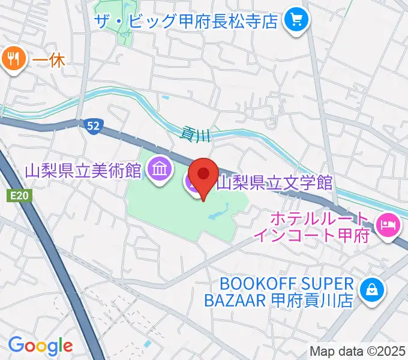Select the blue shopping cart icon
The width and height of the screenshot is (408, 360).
(295, 21)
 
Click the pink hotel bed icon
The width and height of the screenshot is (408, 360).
(388, 224)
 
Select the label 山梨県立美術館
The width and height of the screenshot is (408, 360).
(83, 171)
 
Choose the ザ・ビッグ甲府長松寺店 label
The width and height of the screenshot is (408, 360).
(187, 22)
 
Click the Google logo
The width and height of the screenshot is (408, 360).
(40, 346)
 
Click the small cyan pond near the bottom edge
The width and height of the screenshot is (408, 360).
(148, 343)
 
